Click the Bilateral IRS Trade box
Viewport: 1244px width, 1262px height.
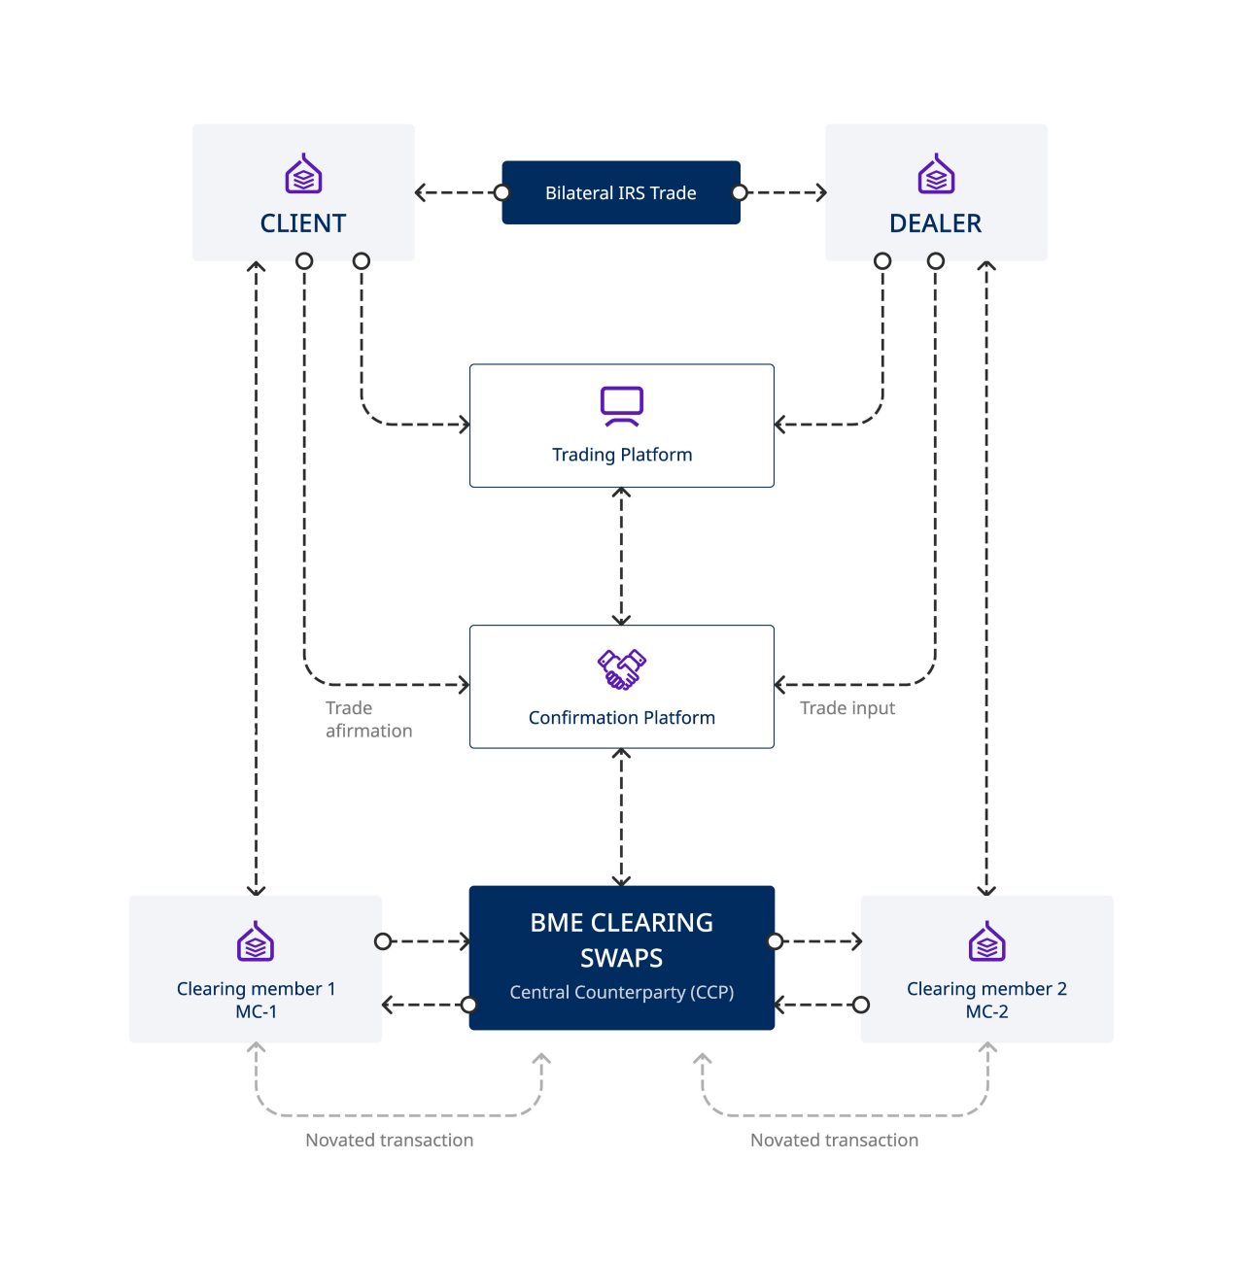point(620,192)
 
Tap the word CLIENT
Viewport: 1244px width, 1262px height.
point(303,223)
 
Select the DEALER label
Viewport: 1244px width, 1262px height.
point(935,223)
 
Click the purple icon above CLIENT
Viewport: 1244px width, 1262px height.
point(303,175)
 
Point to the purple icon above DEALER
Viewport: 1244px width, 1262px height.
point(936,175)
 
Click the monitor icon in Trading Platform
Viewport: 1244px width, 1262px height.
point(622,406)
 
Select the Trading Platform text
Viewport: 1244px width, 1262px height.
point(622,455)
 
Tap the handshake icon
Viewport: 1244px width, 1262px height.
point(622,669)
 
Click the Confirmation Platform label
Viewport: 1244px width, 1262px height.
point(622,718)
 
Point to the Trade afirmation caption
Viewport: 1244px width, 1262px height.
point(368,720)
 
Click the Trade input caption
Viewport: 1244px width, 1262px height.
point(847,708)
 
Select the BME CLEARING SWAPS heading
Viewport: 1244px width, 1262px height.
point(622,940)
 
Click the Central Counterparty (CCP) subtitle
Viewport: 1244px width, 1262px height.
point(622,993)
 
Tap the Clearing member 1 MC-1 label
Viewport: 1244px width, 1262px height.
point(256,1000)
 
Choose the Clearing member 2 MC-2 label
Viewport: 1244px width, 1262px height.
point(986,1000)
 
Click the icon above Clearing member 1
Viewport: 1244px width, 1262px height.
point(256,941)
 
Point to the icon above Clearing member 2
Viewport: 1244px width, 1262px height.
point(986,941)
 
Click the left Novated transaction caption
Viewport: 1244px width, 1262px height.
point(390,1141)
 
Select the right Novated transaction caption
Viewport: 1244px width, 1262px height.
point(834,1141)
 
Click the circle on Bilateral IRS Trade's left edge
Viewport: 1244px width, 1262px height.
point(502,192)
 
